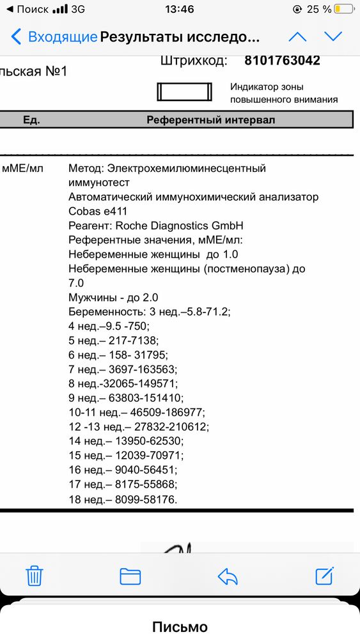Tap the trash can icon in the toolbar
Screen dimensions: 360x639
click(34, 575)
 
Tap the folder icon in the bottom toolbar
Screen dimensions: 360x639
click(130, 576)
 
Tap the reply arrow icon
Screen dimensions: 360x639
click(228, 576)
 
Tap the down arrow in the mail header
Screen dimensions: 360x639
click(333, 36)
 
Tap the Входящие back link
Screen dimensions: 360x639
click(54, 36)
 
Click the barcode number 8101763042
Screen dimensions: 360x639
click(282, 61)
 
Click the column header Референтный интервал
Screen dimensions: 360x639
click(210, 120)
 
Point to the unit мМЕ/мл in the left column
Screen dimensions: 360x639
click(23, 169)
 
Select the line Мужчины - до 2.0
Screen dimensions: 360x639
click(113, 297)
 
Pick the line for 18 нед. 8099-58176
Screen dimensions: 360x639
click(123, 498)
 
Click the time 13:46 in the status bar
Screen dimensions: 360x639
click(179, 9)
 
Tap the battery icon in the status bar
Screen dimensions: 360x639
click(344, 9)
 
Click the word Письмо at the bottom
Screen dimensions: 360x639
click(180, 627)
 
